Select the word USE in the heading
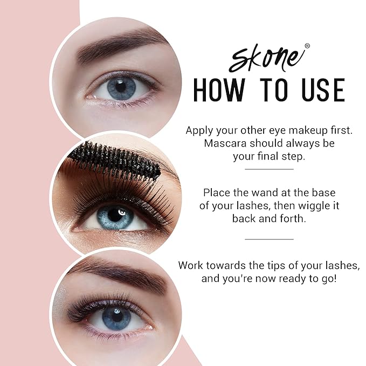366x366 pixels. pyautogui.click(x=319, y=90)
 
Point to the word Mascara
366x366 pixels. pyautogui.click(x=225, y=144)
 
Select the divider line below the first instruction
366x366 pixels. pyautogui.click(x=269, y=169)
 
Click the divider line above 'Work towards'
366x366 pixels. pyautogui.click(x=269, y=239)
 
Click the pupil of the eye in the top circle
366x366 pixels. pyautogui.click(x=120, y=87)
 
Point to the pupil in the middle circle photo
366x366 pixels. pyautogui.click(x=114, y=215)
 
